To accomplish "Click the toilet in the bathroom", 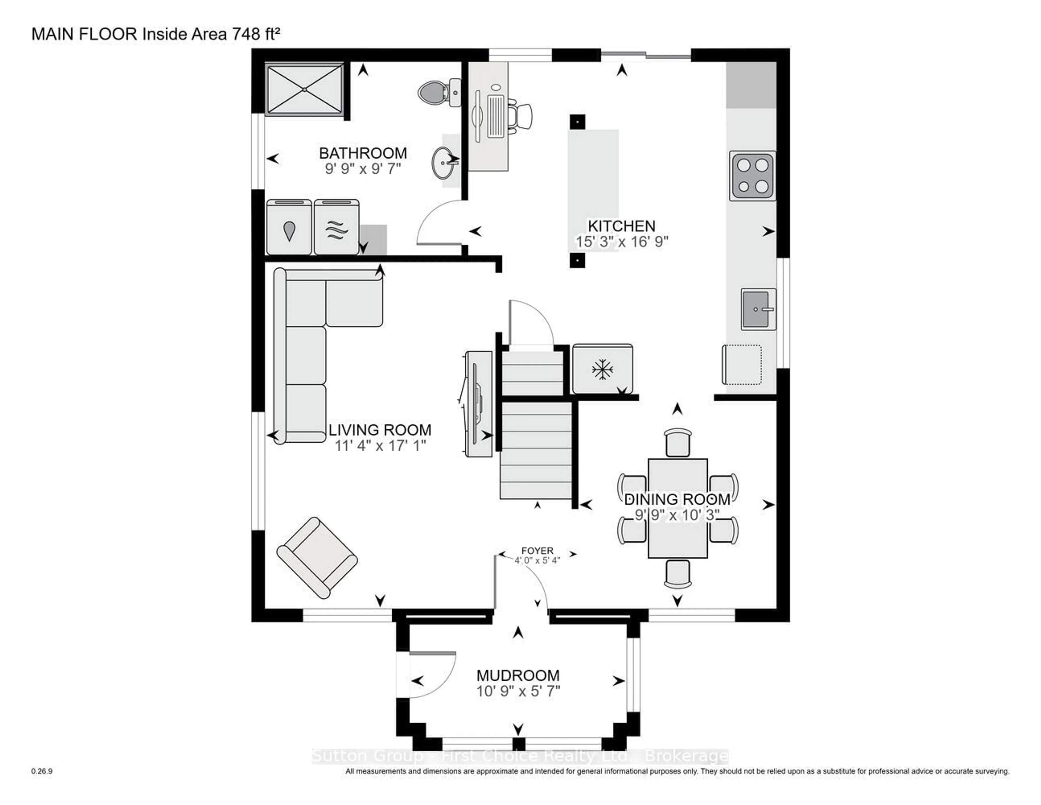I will click(434, 92).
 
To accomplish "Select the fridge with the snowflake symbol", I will click(602, 369).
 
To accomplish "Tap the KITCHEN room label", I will click(621, 226).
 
